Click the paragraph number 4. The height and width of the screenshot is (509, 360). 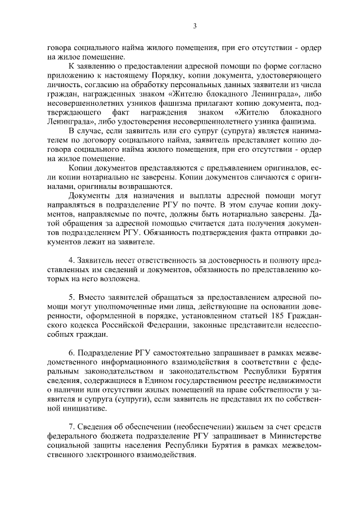tap(70, 262)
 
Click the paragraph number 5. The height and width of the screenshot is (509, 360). tap(70, 297)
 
